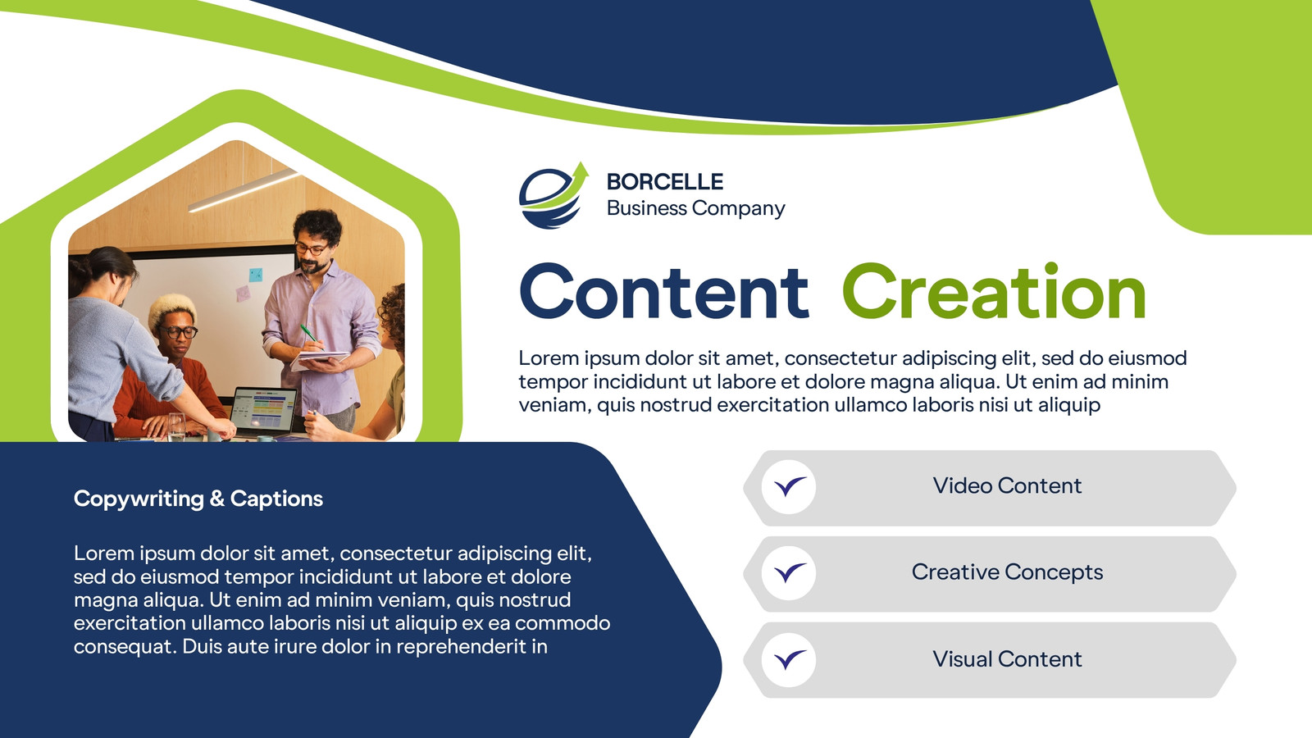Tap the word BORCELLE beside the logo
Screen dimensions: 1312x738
point(665,181)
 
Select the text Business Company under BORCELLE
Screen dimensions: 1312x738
point(696,208)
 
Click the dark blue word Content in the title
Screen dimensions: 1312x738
point(664,292)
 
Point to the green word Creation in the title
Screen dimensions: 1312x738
point(994,292)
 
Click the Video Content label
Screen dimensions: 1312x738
point(1007,485)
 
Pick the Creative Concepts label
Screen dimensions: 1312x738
point(1007,572)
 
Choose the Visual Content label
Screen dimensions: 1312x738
point(1007,659)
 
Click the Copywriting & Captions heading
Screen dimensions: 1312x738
point(198,499)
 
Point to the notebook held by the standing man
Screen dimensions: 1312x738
point(319,359)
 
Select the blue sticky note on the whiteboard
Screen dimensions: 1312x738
point(255,275)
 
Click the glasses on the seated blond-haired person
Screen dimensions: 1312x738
point(179,332)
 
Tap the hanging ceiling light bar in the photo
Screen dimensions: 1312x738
point(244,190)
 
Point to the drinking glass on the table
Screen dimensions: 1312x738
point(176,426)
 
